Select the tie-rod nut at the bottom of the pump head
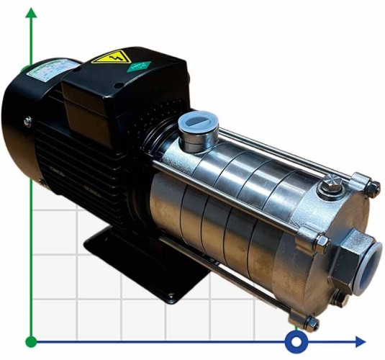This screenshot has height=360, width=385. point(310,322)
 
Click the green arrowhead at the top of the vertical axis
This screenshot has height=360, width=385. point(31,14)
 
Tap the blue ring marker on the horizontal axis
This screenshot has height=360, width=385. point(296,341)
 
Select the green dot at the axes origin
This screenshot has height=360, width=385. point(31,341)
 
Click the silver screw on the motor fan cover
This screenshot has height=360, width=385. point(27,122)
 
